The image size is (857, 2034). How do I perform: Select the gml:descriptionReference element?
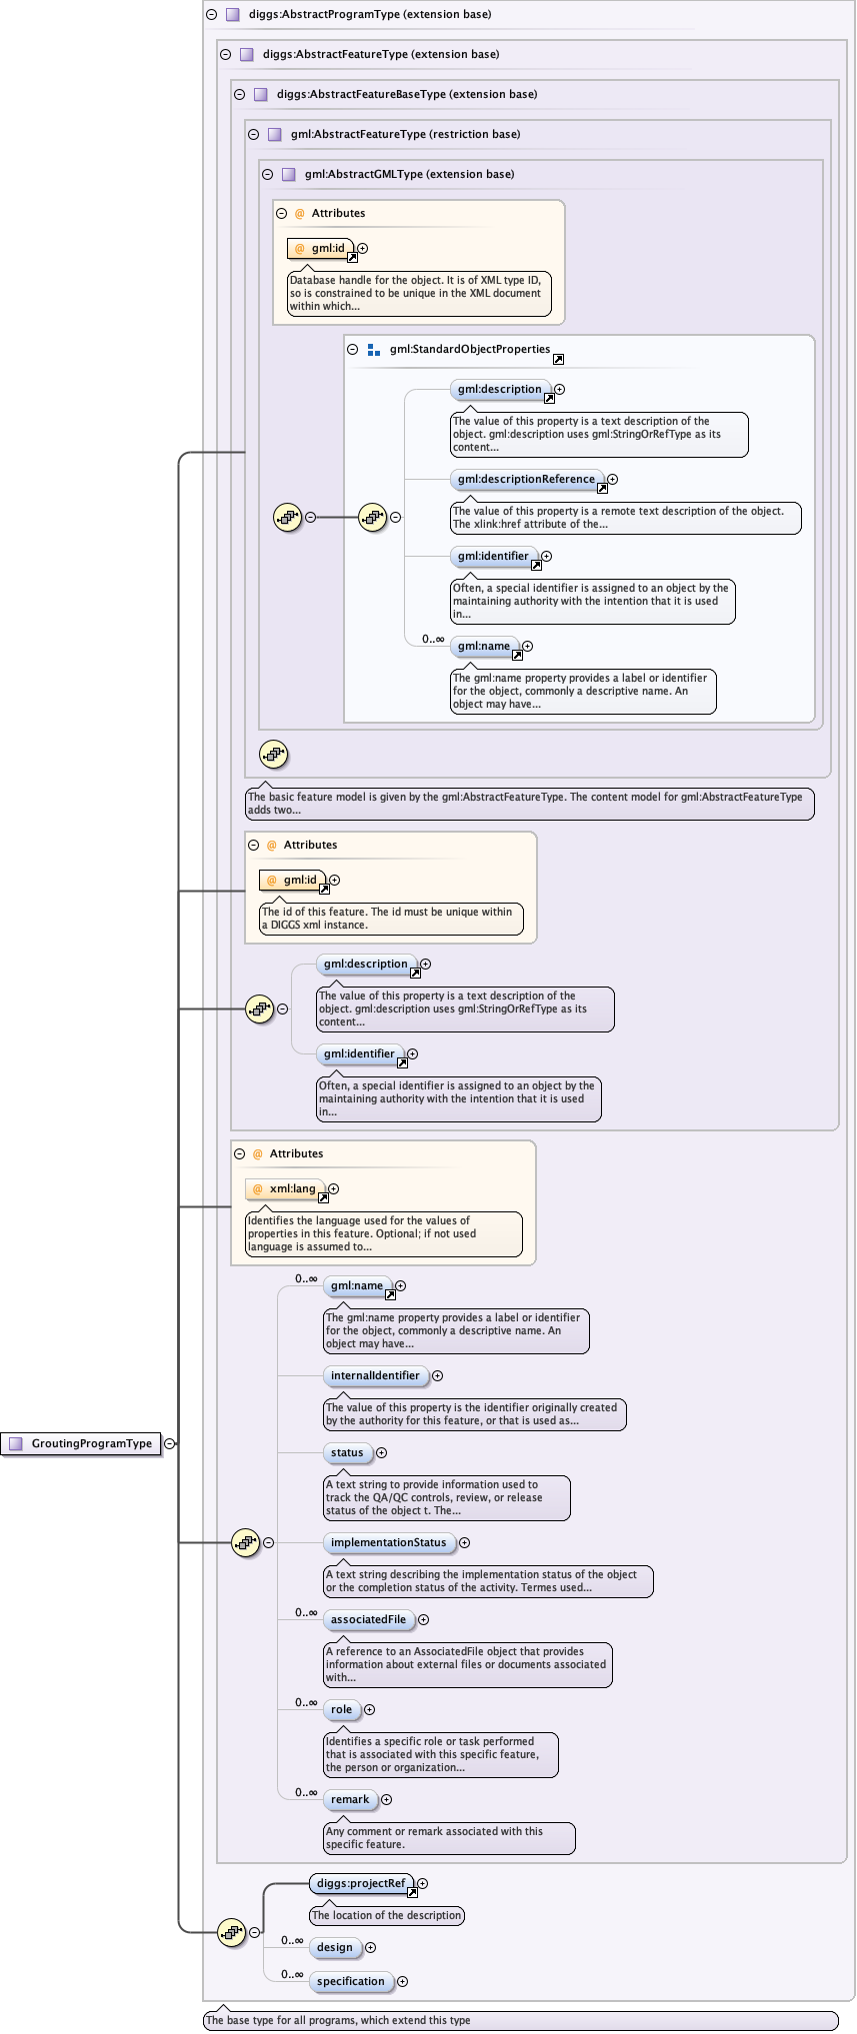526,480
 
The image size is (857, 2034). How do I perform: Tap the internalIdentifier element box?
375,1376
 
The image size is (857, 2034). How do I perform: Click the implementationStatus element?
388,1543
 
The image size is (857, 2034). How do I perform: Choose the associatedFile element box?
368,1620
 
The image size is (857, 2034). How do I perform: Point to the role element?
342,1710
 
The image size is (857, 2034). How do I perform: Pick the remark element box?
350,1800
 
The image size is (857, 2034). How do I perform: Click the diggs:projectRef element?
361,1884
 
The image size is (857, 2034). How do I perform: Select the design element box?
335,1948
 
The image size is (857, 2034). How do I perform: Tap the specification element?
350,1982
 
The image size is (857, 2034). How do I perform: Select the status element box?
347,1453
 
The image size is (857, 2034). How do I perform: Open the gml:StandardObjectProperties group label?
469,350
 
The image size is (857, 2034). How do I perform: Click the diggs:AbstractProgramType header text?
369,15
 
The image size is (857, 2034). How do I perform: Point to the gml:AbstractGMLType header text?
409,174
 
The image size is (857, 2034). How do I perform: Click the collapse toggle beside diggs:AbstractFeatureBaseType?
240,95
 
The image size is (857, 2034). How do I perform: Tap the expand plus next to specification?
403,1982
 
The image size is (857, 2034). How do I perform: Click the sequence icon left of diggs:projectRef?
232,1932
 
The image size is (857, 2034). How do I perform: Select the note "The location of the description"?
386,1916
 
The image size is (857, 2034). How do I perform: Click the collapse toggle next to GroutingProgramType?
170,1443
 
